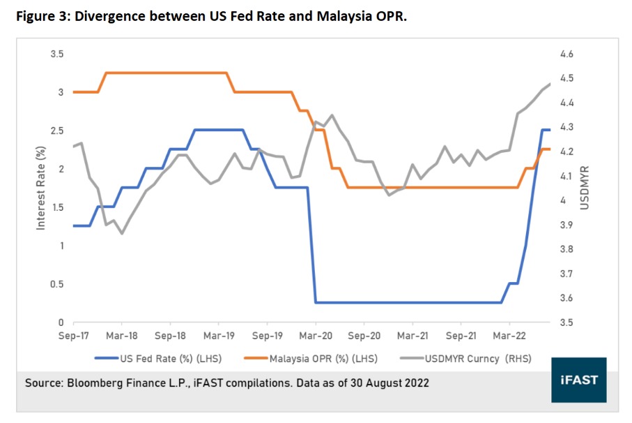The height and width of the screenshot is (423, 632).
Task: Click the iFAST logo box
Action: click(x=580, y=380)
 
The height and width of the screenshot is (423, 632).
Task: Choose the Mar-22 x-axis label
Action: click(x=509, y=336)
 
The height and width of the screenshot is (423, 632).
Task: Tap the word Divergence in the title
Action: click(x=123, y=16)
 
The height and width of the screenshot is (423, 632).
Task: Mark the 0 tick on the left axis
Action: click(x=61, y=322)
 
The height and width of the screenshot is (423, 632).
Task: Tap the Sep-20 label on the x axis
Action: click(x=364, y=336)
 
